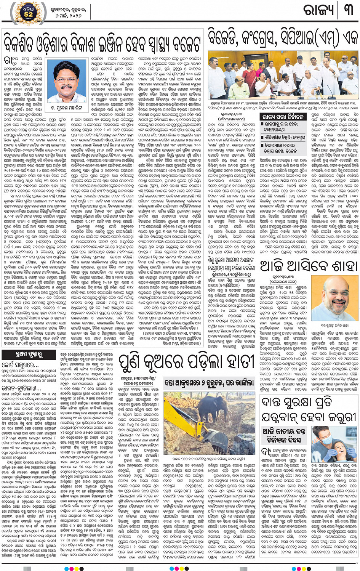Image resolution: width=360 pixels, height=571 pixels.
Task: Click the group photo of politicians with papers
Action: [283, 75]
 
